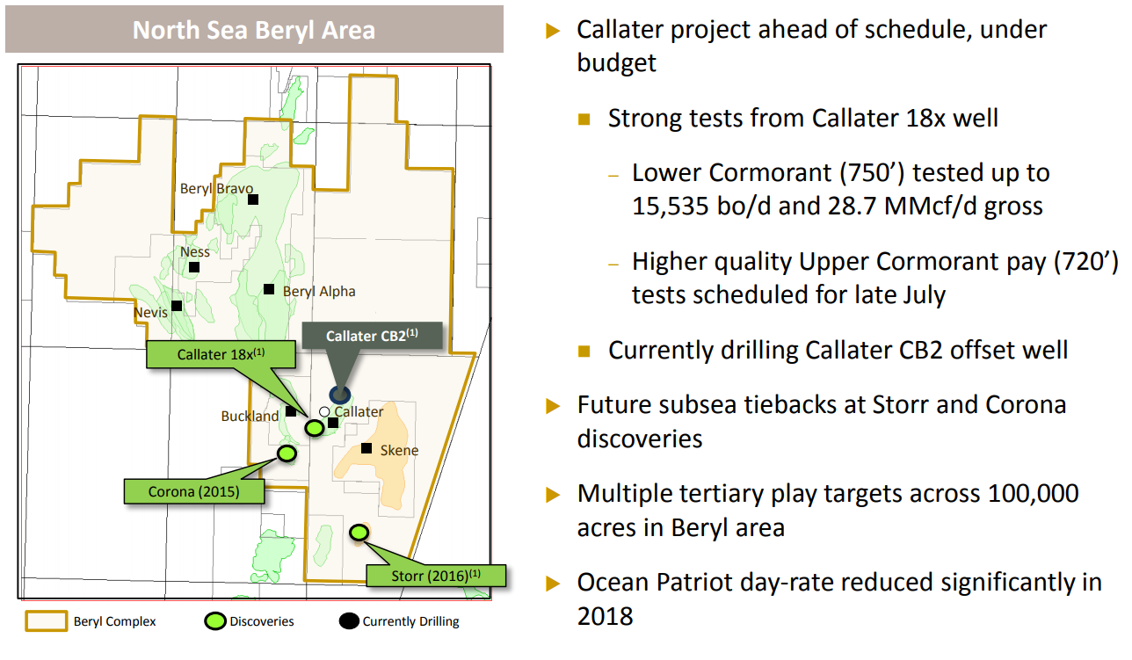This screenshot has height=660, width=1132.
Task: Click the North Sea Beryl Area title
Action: coord(254,30)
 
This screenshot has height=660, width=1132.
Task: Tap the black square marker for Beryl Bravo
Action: coord(253,199)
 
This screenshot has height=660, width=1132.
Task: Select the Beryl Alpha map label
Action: coord(319,292)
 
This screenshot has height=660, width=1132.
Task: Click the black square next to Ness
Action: coord(194,267)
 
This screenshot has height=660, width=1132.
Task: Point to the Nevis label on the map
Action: coord(150,312)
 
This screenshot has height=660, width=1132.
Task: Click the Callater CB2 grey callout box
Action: coord(372,336)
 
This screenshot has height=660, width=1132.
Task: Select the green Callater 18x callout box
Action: coord(221,354)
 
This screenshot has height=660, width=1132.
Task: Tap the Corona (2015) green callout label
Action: coord(194,491)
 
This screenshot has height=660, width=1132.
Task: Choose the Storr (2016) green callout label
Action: coord(436,576)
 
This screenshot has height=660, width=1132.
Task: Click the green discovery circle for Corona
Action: coord(287,453)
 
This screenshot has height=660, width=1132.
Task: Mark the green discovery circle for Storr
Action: coord(359,533)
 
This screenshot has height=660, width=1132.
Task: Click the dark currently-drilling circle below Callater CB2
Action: coord(339,395)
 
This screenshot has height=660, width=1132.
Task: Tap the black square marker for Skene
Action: coord(366,448)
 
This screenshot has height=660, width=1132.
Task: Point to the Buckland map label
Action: coord(250,416)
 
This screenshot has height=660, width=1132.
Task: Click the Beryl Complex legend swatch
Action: coord(46,621)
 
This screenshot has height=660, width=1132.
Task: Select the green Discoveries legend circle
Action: coord(214,621)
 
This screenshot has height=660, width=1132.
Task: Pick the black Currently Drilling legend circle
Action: coord(349,621)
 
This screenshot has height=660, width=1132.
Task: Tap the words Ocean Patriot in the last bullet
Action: coord(655,582)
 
